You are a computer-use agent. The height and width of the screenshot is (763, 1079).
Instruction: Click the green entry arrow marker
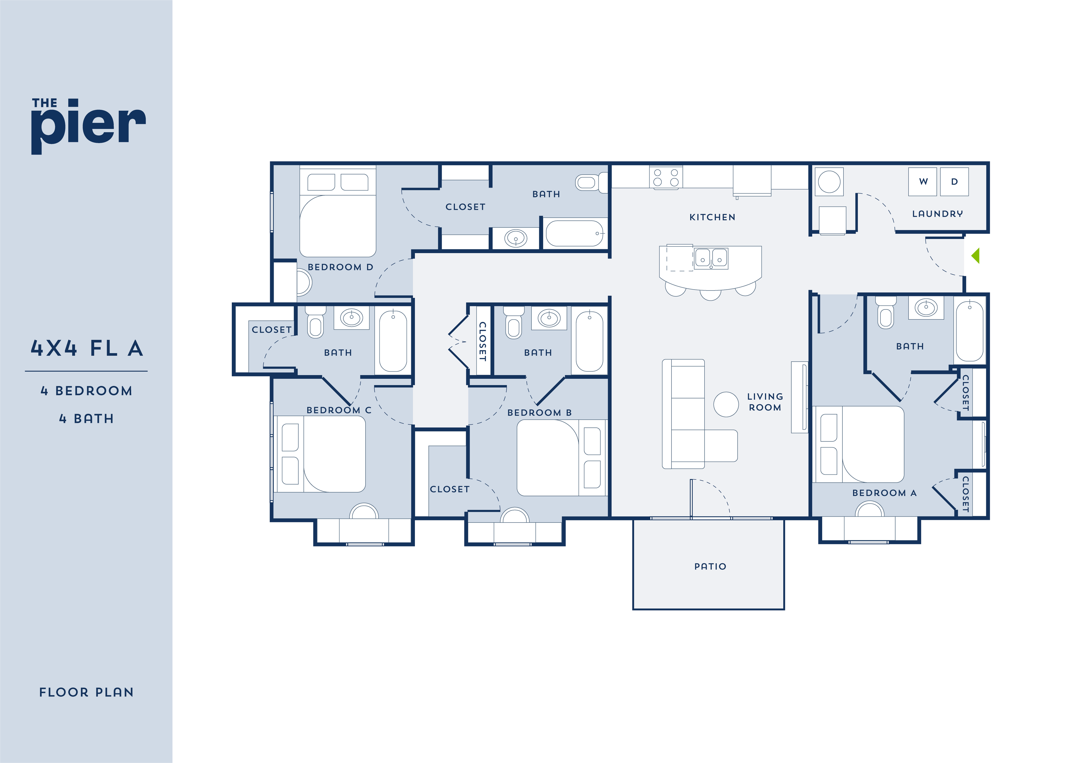click(x=976, y=256)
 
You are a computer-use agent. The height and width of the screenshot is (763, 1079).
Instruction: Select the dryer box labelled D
click(x=954, y=182)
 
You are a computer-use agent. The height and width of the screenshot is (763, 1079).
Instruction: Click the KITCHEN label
click(x=712, y=217)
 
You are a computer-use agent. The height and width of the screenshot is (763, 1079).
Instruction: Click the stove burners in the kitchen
click(x=666, y=178)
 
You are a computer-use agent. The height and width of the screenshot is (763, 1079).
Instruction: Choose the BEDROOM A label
click(x=884, y=493)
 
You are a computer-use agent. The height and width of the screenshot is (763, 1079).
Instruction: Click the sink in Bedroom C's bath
click(x=351, y=318)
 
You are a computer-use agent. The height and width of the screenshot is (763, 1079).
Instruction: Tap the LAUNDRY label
click(x=937, y=214)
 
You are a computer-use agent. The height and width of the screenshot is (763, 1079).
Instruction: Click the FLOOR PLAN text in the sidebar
click(x=86, y=692)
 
